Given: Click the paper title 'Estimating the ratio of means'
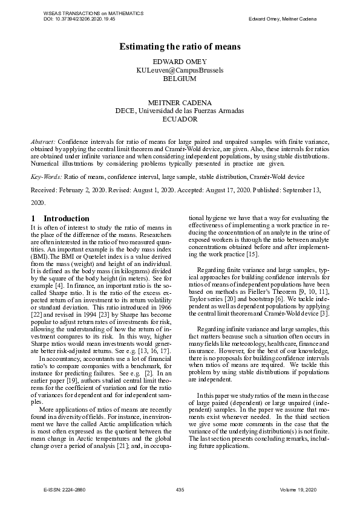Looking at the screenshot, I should [180, 47].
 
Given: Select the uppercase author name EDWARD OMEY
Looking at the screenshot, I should [180, 62].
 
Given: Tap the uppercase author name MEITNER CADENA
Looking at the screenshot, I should [180, 103].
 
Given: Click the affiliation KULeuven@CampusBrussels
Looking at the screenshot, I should [180, 71].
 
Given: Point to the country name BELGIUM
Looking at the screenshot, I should [180, 79].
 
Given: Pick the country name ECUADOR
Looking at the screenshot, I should [180, 120].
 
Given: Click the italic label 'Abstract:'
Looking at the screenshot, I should [43, 141].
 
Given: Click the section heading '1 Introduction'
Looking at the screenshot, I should [60, 218].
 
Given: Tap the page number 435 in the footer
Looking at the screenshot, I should [180, 488].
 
